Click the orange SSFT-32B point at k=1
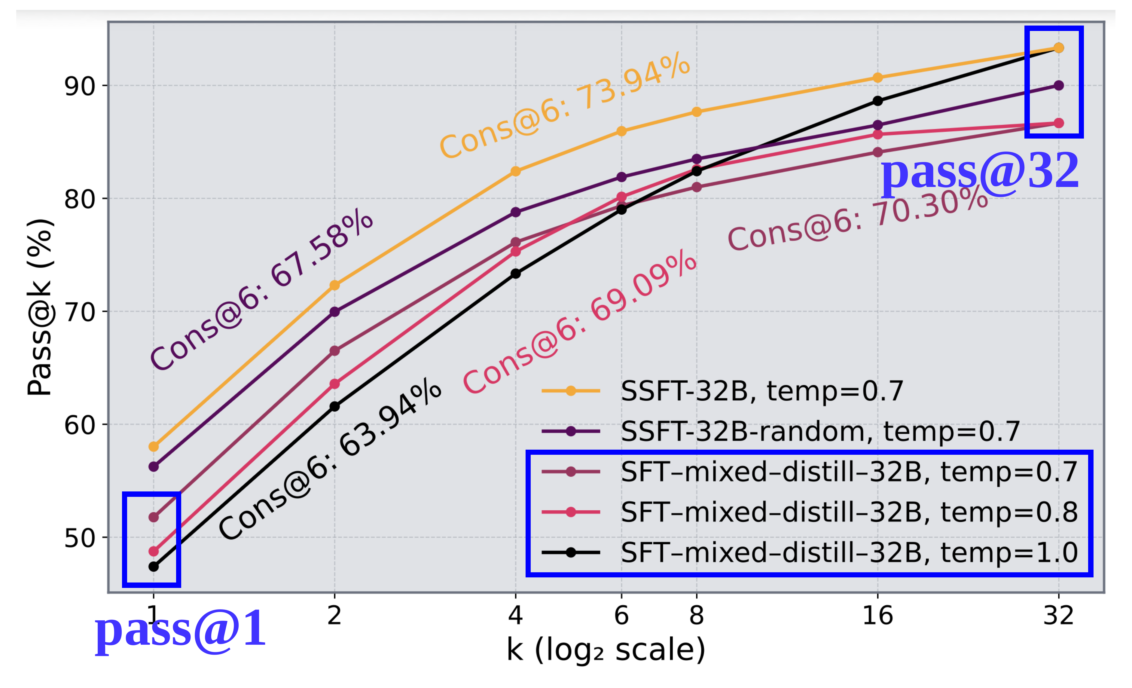coord(154,446)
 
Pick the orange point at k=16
coord(877,78)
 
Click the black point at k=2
coord(334,406)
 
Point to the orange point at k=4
coord(515,171)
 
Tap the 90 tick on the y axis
coord(79,86)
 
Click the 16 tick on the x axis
coord(877,616)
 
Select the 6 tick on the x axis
coord(621,616)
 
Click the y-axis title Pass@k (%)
coord(41,307)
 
